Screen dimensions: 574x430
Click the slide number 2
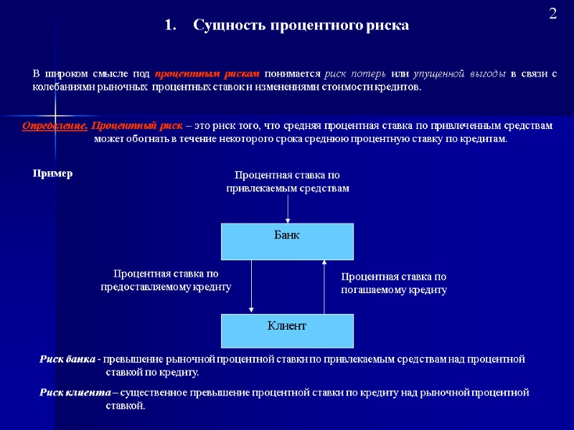pyautogui.click(x=553, y=14)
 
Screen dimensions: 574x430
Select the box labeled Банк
pyautogui.click(x=287, y=241)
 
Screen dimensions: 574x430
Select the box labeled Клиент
pyautogui.click(x=287, y=330)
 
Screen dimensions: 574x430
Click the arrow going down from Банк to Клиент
pyautogui.click(x=251, y=286)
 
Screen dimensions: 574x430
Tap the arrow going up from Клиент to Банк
pyautogui.click(x=325, y=286)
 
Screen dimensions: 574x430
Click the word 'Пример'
pyautogui.click(x=53, y=174)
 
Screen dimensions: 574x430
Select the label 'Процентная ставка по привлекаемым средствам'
pyautogui.click(x=288, y=182)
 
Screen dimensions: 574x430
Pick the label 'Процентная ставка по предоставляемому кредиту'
pyautogui.click(x=166, y=280)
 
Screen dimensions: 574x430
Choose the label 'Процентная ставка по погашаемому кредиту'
pyautogui.click(x=393, y=283)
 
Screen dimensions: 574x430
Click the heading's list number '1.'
pyautogui.click(x=170, y=26)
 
